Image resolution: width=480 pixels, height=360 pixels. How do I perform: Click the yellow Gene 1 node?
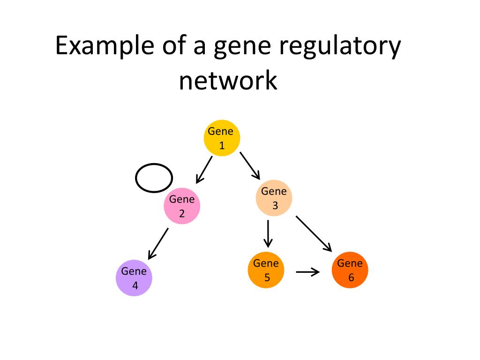point(222,138)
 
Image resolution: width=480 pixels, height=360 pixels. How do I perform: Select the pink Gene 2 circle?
point(182,206)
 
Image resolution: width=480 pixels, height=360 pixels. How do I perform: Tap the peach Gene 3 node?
point(274,198)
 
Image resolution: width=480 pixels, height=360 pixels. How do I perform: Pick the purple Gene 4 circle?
point(134,277)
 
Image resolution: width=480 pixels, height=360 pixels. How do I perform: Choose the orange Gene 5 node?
point(266,270)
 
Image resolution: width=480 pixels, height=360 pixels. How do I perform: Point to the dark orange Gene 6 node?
point(350,270)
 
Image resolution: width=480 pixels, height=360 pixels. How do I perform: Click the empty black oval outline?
point(135,178)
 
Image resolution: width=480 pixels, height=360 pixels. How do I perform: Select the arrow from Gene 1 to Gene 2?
point(204,170)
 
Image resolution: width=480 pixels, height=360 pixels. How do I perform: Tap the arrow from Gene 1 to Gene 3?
point(250,165)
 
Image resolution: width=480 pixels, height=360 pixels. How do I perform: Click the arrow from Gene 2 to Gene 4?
point(158,244)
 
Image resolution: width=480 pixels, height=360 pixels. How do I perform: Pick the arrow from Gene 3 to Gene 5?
point(268,234)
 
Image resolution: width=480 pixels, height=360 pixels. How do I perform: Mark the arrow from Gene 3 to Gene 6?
point(314,234)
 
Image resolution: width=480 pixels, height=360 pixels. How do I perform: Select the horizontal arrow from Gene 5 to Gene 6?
point(307,272)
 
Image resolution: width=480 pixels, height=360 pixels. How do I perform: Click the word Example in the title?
point(105,45)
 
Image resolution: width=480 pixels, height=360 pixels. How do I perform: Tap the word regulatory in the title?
point(340,47)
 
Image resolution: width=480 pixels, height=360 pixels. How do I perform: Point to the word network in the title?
point(228,80)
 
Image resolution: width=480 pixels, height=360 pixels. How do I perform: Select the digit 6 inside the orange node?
point(351,277)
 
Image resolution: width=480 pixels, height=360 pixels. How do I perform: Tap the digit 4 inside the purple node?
point(135,285)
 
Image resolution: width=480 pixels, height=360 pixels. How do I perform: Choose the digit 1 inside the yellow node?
point(222,145)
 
